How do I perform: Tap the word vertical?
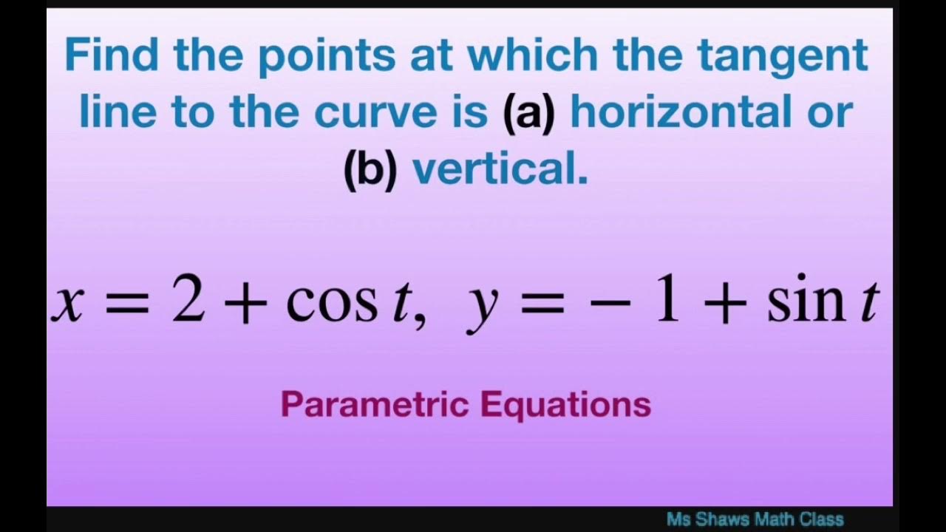click(500, 169)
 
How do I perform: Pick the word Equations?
click(565, 405)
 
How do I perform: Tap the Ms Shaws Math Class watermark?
click(755, 519)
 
